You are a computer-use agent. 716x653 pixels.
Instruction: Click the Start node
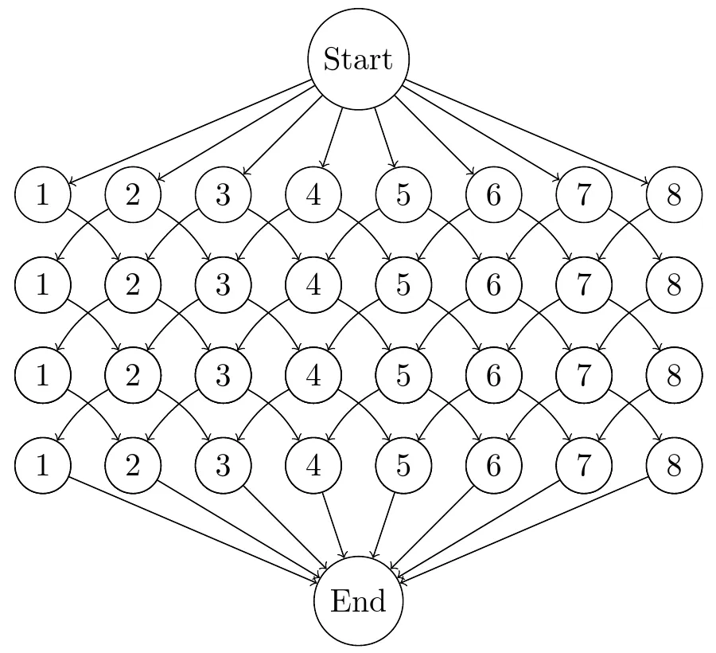point(358,60)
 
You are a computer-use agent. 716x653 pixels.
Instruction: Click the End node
point(358,601)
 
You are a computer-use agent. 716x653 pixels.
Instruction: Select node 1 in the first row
point(42,194)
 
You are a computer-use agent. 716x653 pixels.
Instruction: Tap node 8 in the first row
point(675,194)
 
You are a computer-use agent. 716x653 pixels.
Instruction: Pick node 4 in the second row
point(313,285)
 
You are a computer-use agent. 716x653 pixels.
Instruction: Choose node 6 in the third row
point(494,376)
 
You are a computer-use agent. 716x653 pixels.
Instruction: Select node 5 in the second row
point(403,285)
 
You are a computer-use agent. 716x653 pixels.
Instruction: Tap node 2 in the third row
point(133,376)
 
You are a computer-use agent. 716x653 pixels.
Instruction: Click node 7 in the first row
point(584,194)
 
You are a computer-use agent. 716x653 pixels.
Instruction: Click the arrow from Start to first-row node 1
point(191,132)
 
